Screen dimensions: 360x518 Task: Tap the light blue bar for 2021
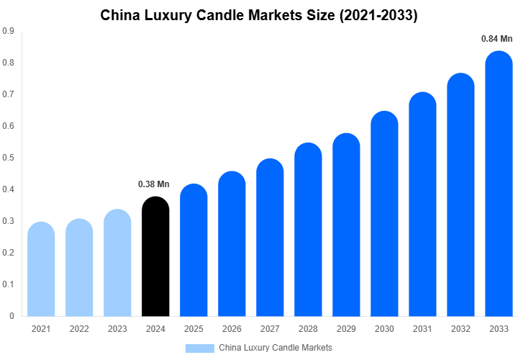pos(41,269)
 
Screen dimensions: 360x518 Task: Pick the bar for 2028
pos(308,230)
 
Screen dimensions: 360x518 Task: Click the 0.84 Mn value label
pos(496,39)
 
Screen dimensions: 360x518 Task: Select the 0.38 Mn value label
pos(153,184)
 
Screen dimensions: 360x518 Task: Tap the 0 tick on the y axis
pos(11,316)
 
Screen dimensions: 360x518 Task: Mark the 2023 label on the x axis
pos(117,329)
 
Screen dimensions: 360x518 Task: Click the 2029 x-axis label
pos(346,329)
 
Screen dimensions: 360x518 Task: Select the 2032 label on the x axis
pos(460,329)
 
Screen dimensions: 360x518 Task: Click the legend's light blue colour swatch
pos(200,348)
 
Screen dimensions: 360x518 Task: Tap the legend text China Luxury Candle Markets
pos(276,348)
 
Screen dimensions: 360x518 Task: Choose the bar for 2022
pos(79,268)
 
